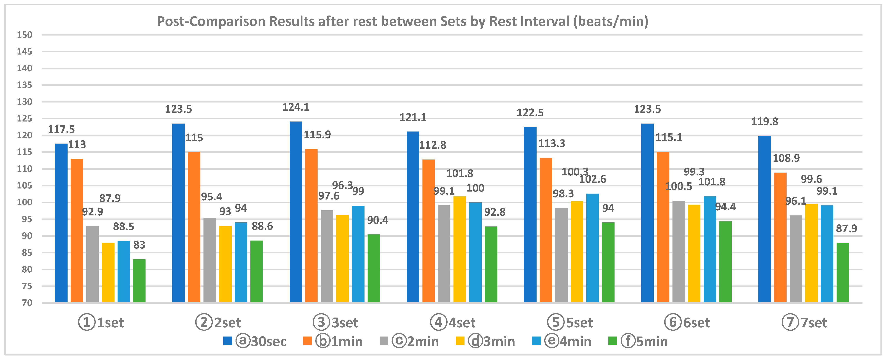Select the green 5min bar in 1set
pos(139,281)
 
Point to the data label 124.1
pos(296,107)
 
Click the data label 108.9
pos(786,158)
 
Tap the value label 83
pos(139,245)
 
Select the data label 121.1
pos(413,118)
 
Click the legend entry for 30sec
pos(255,341)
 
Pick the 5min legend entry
pos(638,341)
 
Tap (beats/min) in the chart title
pos(610,21)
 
